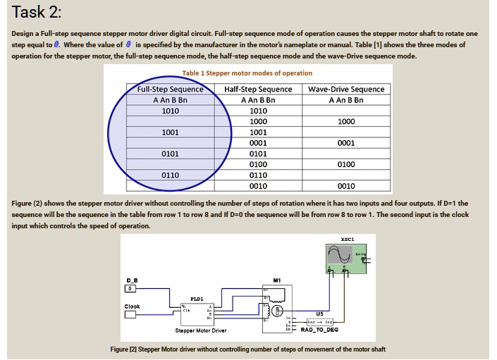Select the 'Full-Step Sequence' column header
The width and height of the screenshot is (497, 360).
(170, 89)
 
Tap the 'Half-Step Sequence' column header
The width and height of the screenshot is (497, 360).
(258, 89)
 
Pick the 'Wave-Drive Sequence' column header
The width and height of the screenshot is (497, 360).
(346, 89)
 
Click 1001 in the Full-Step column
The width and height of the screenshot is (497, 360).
(170, 132)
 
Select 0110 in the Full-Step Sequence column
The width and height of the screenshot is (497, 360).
(170, 175)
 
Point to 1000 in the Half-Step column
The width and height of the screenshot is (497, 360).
(258, 121)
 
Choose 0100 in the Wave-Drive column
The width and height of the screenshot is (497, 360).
(346, 164)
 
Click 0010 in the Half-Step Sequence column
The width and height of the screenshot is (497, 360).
(258, 186)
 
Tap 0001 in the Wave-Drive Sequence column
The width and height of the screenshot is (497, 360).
(346, 142)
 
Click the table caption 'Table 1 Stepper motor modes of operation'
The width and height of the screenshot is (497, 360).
(247, 73)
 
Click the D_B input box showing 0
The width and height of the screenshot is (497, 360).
(129, 289)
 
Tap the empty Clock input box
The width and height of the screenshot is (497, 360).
(130, 315)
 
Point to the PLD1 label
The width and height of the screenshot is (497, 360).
(197, 297)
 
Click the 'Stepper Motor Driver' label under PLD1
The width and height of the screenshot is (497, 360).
(200, 330)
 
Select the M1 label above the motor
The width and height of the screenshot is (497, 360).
(277, 279)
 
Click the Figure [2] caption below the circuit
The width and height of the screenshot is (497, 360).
(248, 349)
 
